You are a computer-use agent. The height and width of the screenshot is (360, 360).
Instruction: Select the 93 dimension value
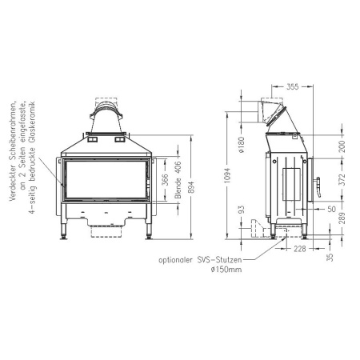pos(242,211)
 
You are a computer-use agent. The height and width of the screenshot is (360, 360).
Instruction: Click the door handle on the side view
pos(318,187)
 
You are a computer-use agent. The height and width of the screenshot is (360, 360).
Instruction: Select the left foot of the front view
pos(64,234)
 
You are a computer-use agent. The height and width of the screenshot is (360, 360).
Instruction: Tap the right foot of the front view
pos(148,234)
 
